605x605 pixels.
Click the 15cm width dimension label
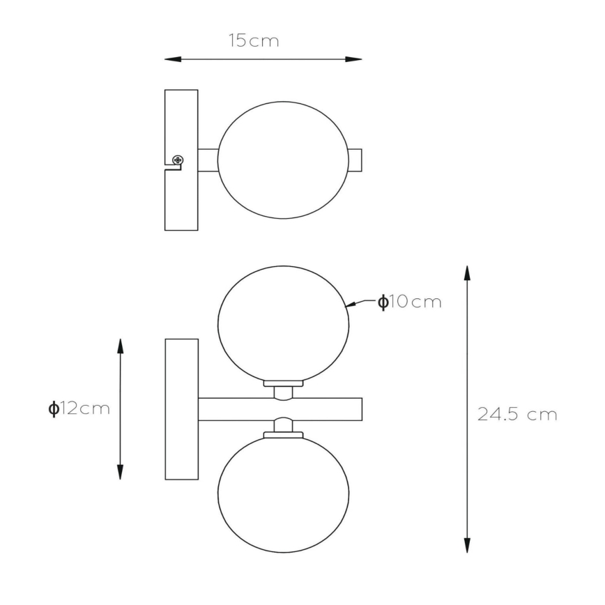point(254,40)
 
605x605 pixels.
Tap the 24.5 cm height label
point(517,415)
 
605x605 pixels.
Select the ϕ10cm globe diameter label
point(409,302)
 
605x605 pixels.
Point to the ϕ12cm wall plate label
point(79,408)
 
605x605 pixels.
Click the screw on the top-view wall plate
point(178,160)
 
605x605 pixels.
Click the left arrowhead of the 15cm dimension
point(173,59)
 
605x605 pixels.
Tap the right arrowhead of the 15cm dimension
point(353,59)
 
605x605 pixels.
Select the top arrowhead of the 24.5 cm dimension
point(467,273)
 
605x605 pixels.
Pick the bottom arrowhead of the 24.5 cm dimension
point(467,545)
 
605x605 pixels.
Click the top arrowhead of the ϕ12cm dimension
point(121,346)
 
